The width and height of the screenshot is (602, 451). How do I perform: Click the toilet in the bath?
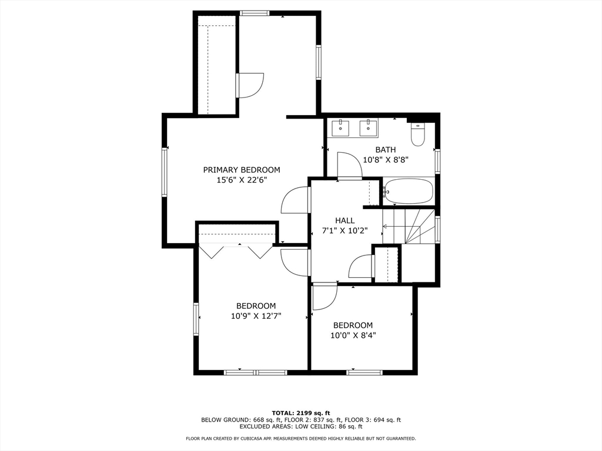point(417,134)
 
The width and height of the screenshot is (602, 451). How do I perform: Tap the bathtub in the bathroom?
point(409,191)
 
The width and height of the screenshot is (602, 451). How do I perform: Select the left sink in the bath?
point(341,127)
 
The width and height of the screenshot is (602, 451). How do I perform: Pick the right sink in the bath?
point(369,127)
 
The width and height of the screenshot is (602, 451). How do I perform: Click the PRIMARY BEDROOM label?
point(242,170)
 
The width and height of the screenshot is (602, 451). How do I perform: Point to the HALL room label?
point(345,221)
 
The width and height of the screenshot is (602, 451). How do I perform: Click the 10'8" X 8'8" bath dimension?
point(386,160)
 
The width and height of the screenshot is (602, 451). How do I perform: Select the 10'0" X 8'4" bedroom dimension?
point(353,335)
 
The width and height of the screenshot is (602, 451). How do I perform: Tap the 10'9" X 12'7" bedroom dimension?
point(256,316)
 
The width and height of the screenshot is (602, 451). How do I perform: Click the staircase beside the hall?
point(409,226)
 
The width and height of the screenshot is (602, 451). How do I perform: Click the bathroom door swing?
point(349,166)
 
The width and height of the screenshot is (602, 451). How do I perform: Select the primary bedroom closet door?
point(250,85)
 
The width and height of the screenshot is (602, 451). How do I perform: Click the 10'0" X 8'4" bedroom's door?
point(325,296)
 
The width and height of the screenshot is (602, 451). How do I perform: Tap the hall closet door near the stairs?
point(361,267)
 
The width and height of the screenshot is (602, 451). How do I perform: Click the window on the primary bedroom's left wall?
point(165,172)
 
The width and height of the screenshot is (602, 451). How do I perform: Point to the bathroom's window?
point(437,161)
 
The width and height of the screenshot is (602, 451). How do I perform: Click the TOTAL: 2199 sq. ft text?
point(301,413)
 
